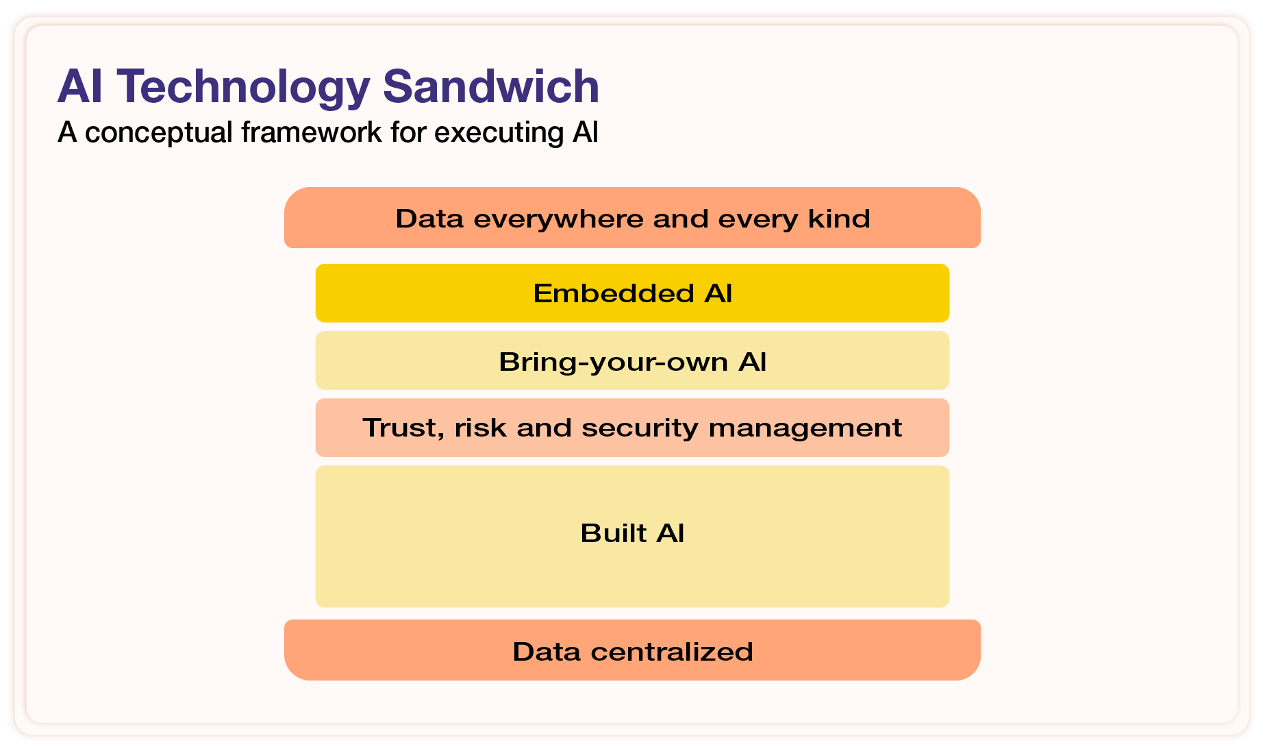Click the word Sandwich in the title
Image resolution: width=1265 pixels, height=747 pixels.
(x=490, y=87)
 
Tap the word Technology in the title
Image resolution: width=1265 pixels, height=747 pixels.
(x=243, y=87)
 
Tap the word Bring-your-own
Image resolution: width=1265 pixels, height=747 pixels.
(x=614, y=362)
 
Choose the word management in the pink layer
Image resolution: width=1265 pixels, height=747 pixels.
(x=805, y=428)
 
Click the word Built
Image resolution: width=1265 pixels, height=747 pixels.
(x=613, y=533)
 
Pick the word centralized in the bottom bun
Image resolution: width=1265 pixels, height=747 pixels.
(x=671, y=651)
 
